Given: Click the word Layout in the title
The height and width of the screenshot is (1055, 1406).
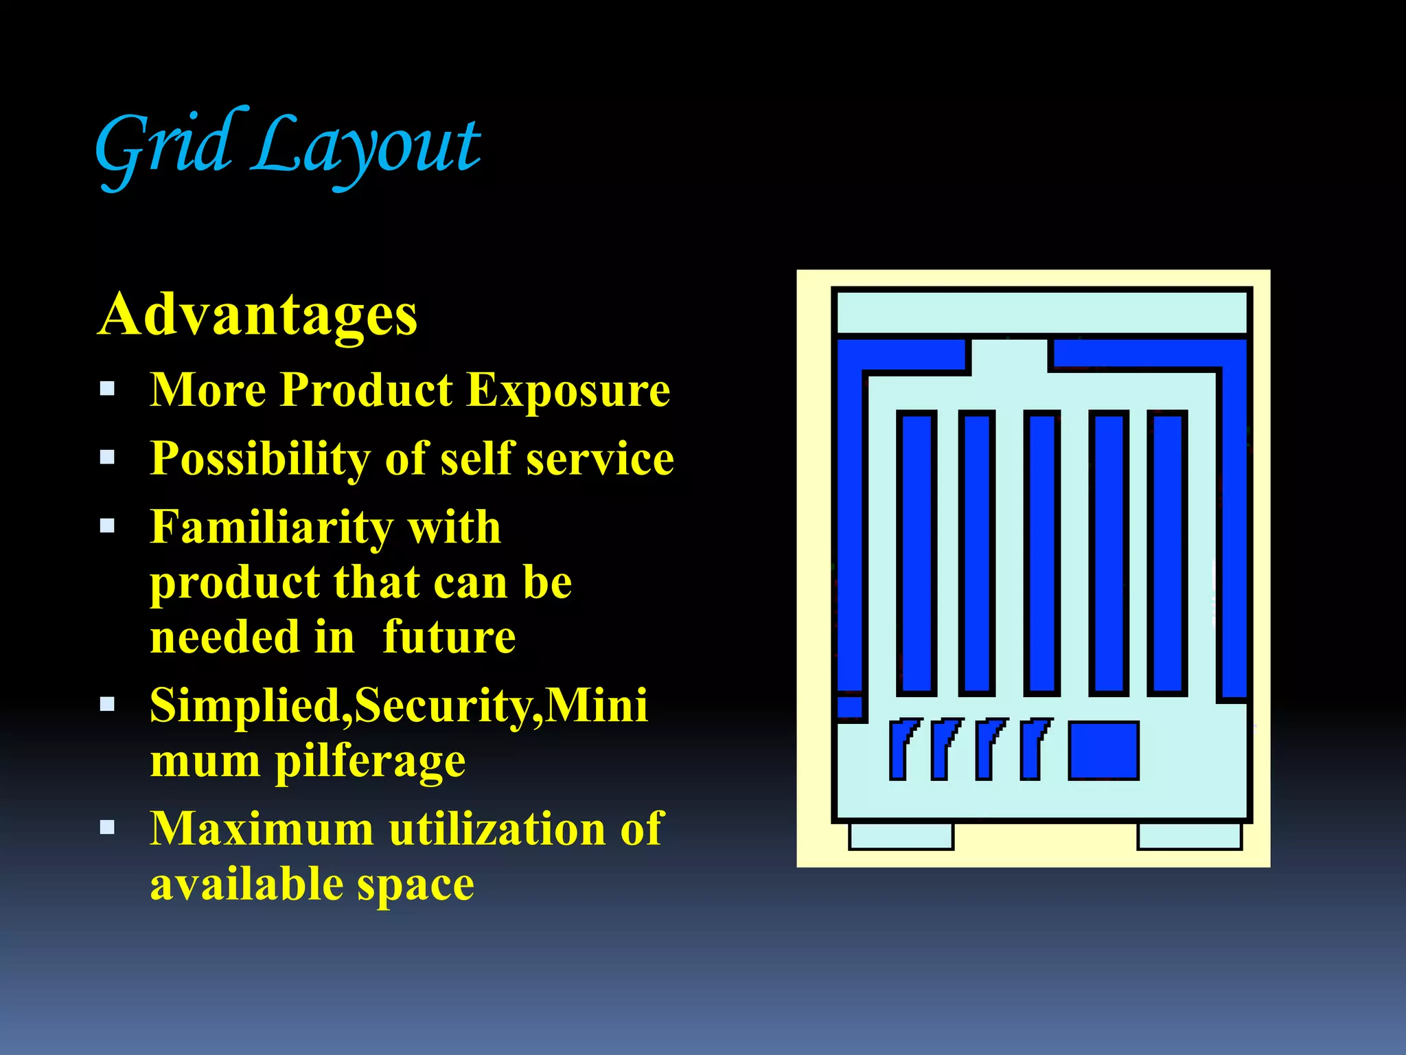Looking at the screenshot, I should coord(367,148).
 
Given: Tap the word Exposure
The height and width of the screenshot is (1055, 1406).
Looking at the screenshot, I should coord(568,390).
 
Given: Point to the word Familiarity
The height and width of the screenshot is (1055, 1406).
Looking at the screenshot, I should coord(271,527).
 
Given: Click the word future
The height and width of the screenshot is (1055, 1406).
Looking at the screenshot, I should coord(449,637).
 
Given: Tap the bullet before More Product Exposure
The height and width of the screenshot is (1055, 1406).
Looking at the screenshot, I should coord(107,389).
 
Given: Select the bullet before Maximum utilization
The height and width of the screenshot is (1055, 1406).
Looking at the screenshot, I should coord(107,827).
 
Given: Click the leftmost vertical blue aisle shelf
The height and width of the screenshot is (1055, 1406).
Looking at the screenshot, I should coord(917,553).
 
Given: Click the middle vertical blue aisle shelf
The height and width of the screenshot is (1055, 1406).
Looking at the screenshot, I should coord(1041,553).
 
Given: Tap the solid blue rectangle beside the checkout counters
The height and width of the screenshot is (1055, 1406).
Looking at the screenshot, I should coord(1103,750).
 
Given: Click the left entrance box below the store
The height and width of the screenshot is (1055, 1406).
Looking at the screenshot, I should coord(901,836).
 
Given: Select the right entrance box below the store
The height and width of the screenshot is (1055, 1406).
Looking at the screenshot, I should coord(1189,836).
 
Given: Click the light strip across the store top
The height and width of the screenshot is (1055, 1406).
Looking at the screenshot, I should coord(1041,313).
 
